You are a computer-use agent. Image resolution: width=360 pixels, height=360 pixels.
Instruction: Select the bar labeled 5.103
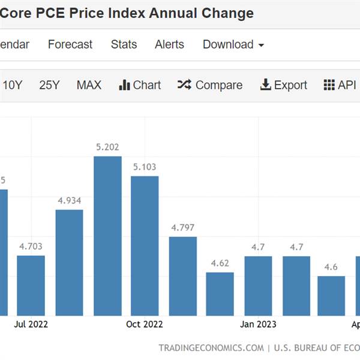coord(145,245)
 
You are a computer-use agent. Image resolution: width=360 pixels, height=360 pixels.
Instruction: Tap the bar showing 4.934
coord(69,262)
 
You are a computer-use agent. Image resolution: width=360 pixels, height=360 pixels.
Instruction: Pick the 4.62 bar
coord(220,294)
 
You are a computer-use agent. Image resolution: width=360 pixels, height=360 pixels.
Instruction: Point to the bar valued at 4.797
coord(182,276)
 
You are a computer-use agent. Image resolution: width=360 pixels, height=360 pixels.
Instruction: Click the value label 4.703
coord(31,246)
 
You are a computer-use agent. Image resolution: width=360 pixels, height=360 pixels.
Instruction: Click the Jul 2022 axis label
coord(31,325)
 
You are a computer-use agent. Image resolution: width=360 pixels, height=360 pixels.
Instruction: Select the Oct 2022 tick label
coord(145,325)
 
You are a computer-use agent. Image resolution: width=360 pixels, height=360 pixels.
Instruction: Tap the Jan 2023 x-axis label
coord(259,325)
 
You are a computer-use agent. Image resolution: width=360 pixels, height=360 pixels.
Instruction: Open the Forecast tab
coord(70,44)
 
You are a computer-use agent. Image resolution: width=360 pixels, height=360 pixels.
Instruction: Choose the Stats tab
coord(124,44)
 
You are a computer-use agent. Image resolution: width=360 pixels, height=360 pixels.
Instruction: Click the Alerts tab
coord(169,44)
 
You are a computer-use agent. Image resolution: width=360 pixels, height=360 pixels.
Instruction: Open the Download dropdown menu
coord(233,44)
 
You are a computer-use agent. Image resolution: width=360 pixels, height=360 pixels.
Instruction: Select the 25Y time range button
coord(49,85)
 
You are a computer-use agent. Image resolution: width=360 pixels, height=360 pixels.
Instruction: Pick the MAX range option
coord(89,85)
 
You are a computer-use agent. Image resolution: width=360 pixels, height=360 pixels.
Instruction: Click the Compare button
coord(210,85)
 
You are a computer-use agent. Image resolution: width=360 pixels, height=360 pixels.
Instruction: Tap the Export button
coord(283,85)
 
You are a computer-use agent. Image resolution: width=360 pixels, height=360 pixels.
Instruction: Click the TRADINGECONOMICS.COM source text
coord(211,348)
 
